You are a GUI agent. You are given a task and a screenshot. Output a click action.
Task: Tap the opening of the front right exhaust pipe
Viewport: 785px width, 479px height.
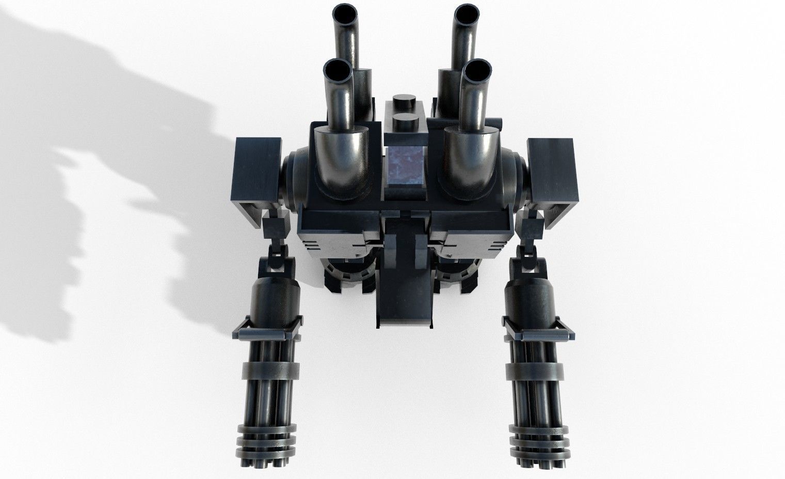click(x=477, y=69)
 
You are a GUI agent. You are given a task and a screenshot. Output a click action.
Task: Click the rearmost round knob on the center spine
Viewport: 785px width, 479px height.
click(x=406, y=101)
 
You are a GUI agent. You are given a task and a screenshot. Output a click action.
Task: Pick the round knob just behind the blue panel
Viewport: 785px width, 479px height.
click(x=406, y=123)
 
